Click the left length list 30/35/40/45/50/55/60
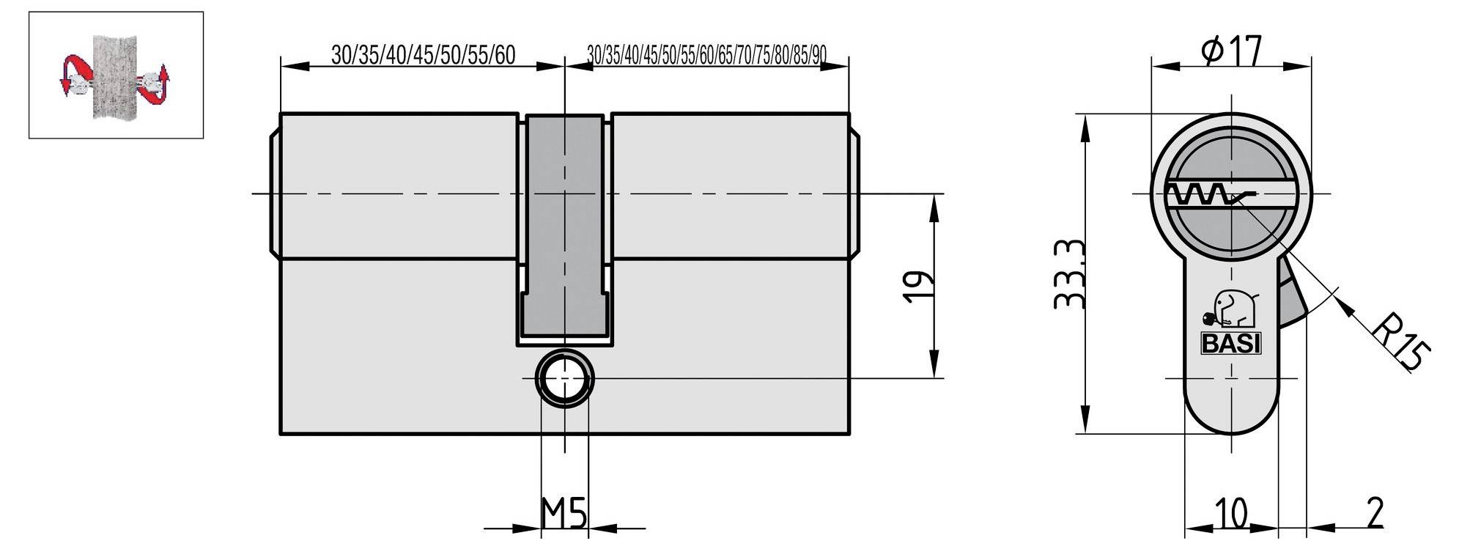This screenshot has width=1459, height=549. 423,55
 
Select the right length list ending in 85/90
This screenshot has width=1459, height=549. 706,55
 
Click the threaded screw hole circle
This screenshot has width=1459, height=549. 565,378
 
